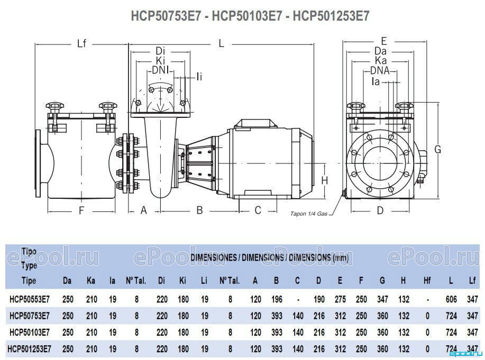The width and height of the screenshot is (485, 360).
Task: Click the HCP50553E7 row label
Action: [30, 299]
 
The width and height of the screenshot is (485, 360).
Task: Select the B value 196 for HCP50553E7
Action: [277, 299]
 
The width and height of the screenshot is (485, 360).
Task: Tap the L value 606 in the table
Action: [451, 299]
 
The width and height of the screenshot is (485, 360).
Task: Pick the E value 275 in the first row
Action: [340, 299]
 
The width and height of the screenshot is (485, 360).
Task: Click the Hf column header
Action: [427, 281]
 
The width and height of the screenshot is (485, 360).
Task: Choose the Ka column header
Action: [90, 281]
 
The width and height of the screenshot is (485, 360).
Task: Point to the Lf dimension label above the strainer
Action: [81, 43]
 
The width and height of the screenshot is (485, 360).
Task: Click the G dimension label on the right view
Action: [438, 150]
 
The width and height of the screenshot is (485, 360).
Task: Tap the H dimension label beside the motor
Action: [324, 180]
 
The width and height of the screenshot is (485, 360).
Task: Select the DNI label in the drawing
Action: [161, 70]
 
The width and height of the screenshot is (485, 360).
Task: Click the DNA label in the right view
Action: [380, 70]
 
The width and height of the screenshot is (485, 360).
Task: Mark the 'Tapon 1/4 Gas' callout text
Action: [309, 214]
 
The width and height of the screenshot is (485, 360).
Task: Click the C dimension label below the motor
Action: [258, 210]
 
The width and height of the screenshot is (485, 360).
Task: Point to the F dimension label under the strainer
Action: [81, 210]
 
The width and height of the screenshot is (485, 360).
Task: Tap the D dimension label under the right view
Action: [380, 210]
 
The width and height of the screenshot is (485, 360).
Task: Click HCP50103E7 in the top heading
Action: [247, 16]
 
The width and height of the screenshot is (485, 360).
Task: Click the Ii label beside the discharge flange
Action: [199, 77]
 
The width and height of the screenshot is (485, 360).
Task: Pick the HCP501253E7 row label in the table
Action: [30, 349]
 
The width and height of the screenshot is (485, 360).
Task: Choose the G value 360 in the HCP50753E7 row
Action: [382, 316]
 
